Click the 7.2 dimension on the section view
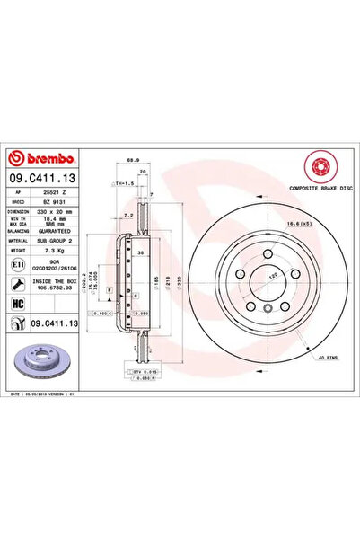point(129,217)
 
